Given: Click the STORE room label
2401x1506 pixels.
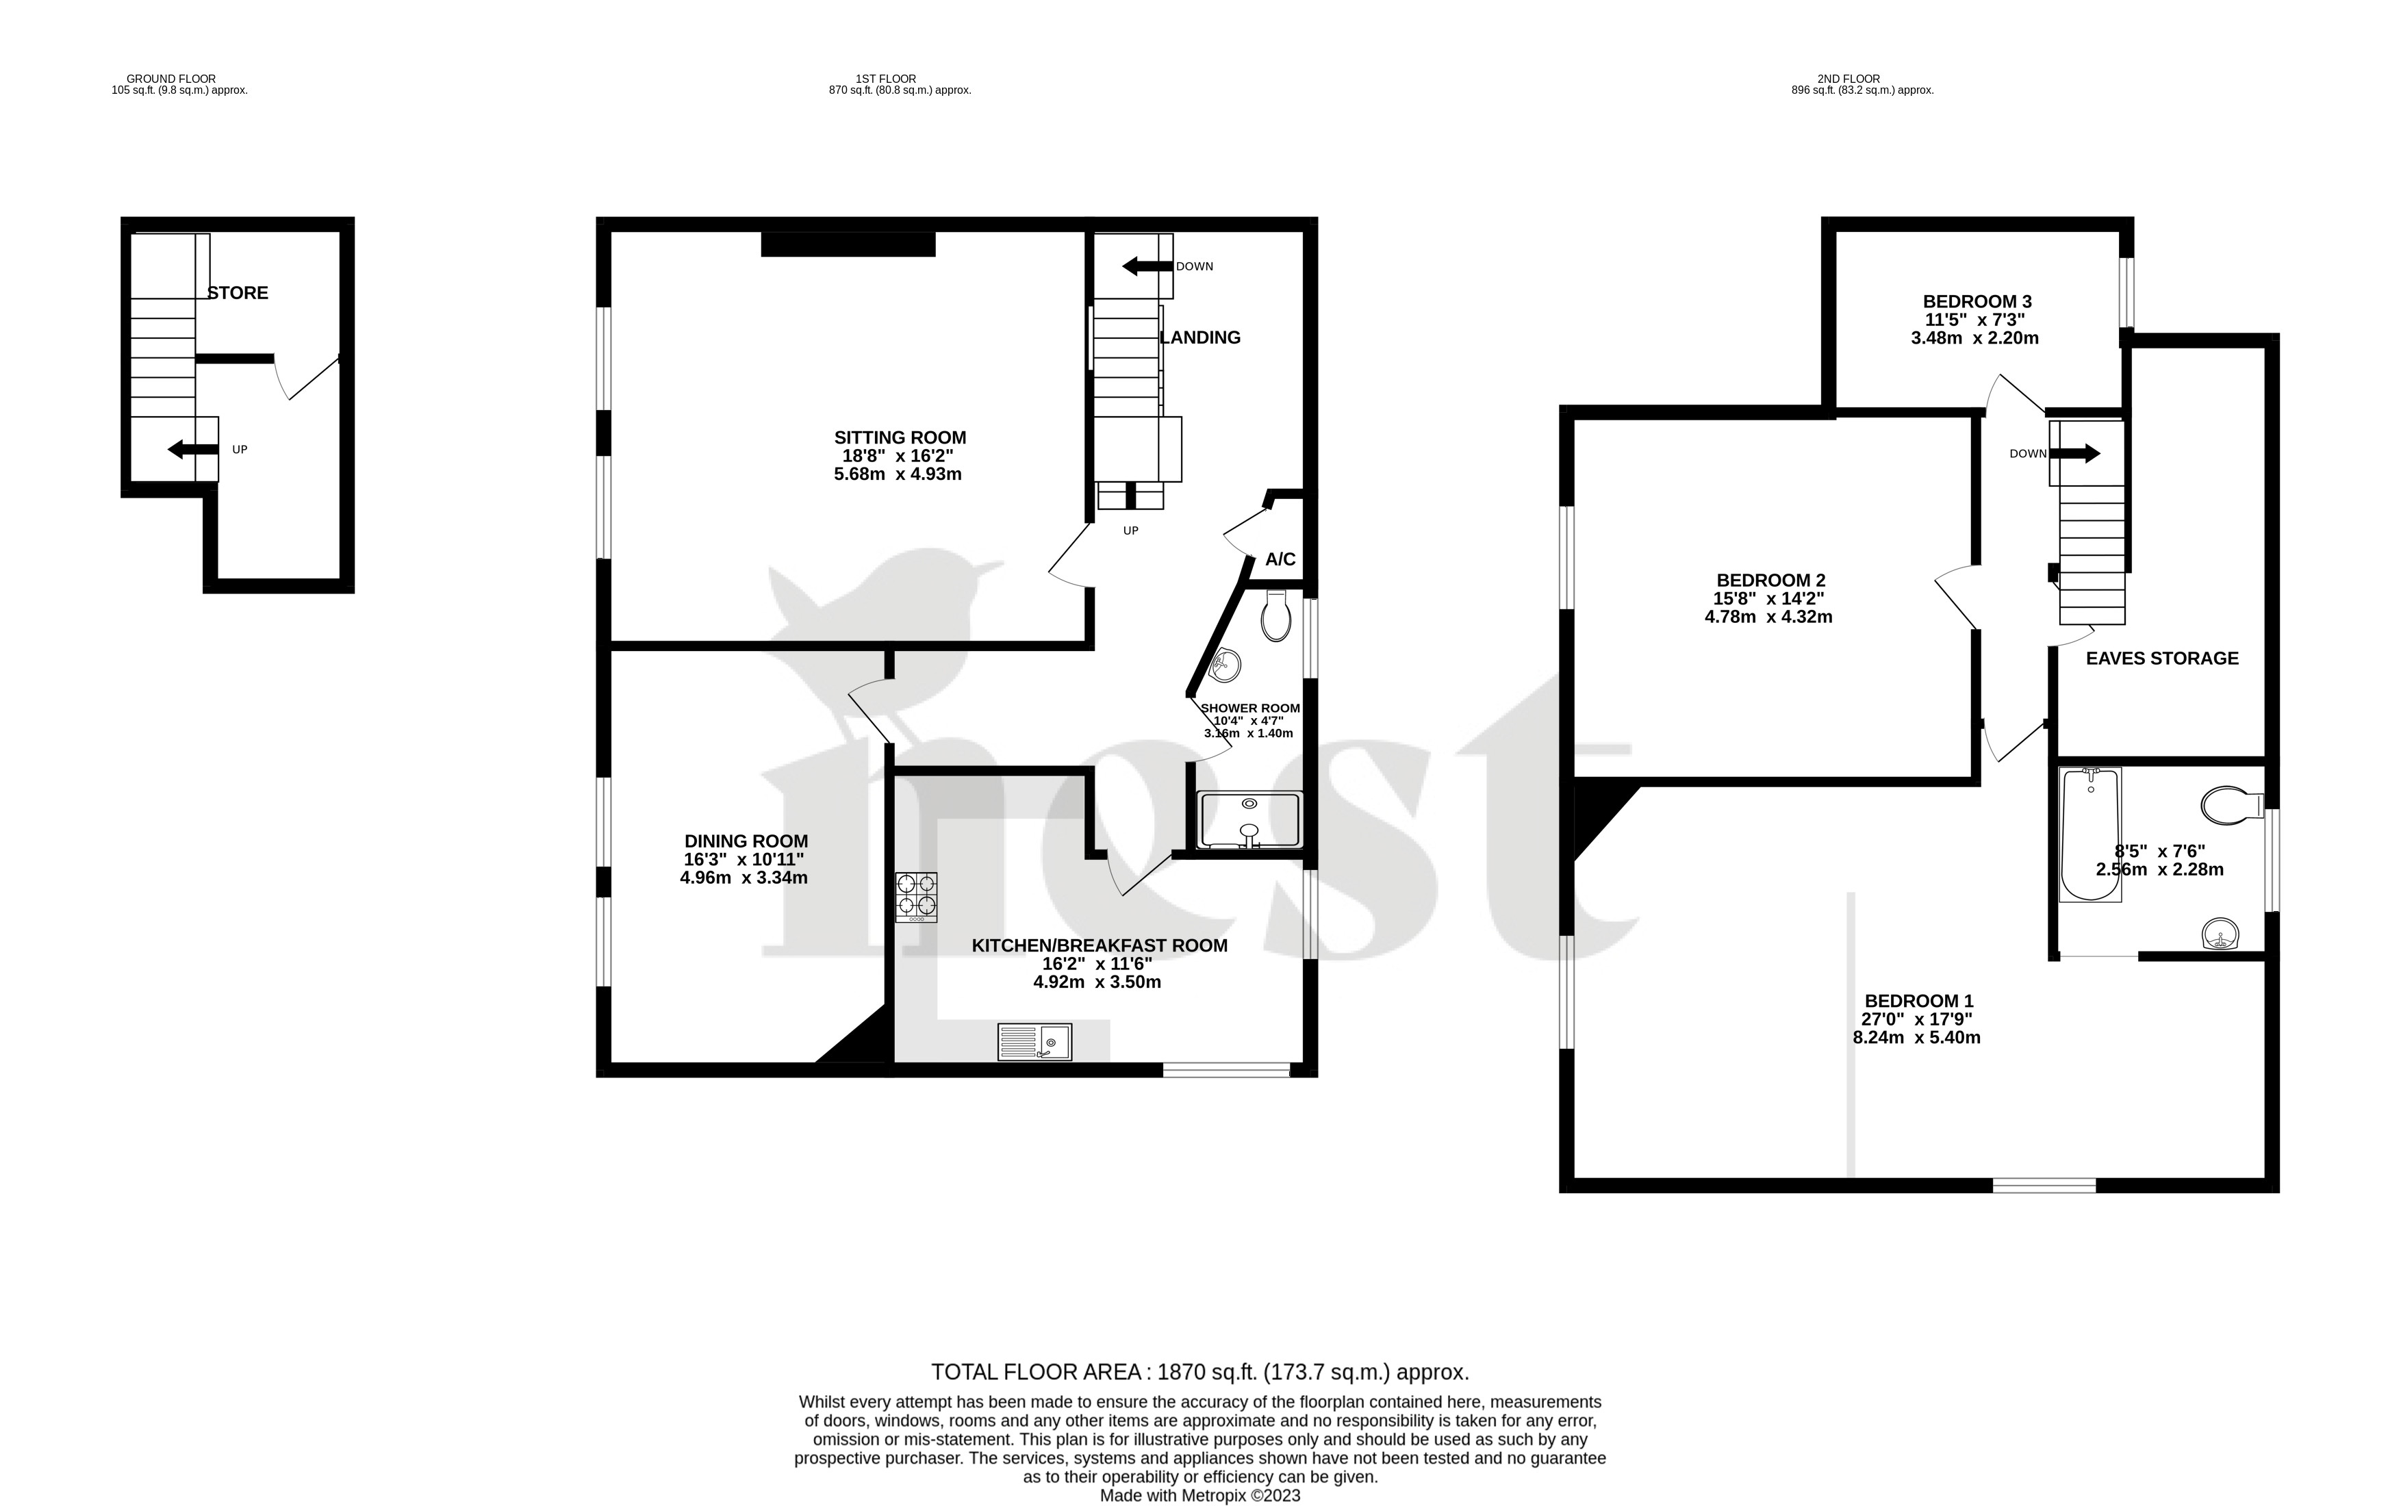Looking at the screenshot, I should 238,293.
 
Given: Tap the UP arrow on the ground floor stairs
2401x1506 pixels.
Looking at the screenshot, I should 192,449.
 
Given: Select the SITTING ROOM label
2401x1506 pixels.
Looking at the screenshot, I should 899,437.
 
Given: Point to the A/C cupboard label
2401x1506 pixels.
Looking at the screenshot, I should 1280,560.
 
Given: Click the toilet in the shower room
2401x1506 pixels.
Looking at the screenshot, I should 1275,615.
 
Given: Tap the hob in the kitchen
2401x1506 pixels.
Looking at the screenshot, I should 916,895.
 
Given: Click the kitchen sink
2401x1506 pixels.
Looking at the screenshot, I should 1034,1042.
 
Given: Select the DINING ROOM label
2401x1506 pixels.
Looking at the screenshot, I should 746,841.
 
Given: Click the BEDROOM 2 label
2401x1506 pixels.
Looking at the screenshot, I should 1770,580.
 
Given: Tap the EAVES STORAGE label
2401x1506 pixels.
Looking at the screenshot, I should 2162,659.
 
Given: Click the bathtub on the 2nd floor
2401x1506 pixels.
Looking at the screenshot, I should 2090,834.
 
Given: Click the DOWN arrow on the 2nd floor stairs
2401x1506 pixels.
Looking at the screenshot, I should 2074,453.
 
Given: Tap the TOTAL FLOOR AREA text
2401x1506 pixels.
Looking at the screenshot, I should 1200,1373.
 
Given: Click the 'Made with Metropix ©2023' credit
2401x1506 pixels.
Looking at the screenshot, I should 1200,1496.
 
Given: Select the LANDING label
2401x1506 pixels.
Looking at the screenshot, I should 1201,337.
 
